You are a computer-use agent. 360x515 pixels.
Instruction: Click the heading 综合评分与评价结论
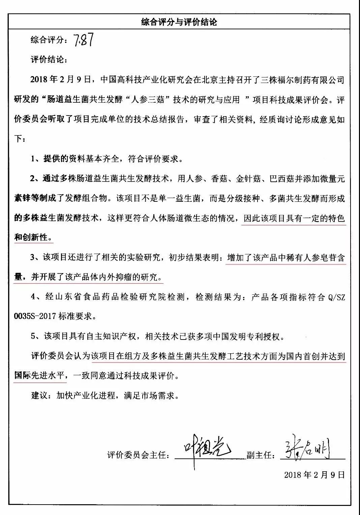[x=179, y=22]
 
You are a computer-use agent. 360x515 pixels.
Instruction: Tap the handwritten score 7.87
[x=83, y=40]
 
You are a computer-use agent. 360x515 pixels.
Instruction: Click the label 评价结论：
[x=49, y=60]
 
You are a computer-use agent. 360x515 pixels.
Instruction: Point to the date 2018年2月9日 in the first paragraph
[x=61, y=80]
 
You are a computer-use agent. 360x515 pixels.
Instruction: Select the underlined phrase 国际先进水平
[x=39, y=376]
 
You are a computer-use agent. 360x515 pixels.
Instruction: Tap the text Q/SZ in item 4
[x=336, y=297]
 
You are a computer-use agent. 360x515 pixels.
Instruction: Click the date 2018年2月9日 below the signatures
[x=314, y=475]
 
